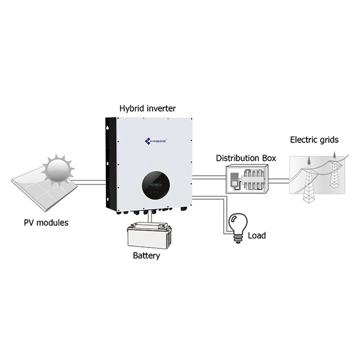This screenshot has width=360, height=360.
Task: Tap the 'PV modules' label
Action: tap(47, 222)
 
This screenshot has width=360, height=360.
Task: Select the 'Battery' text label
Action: tap(146, 256)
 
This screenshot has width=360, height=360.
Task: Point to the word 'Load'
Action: tap(257, 235)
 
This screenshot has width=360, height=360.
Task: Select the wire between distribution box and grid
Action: tap(279, 181)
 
